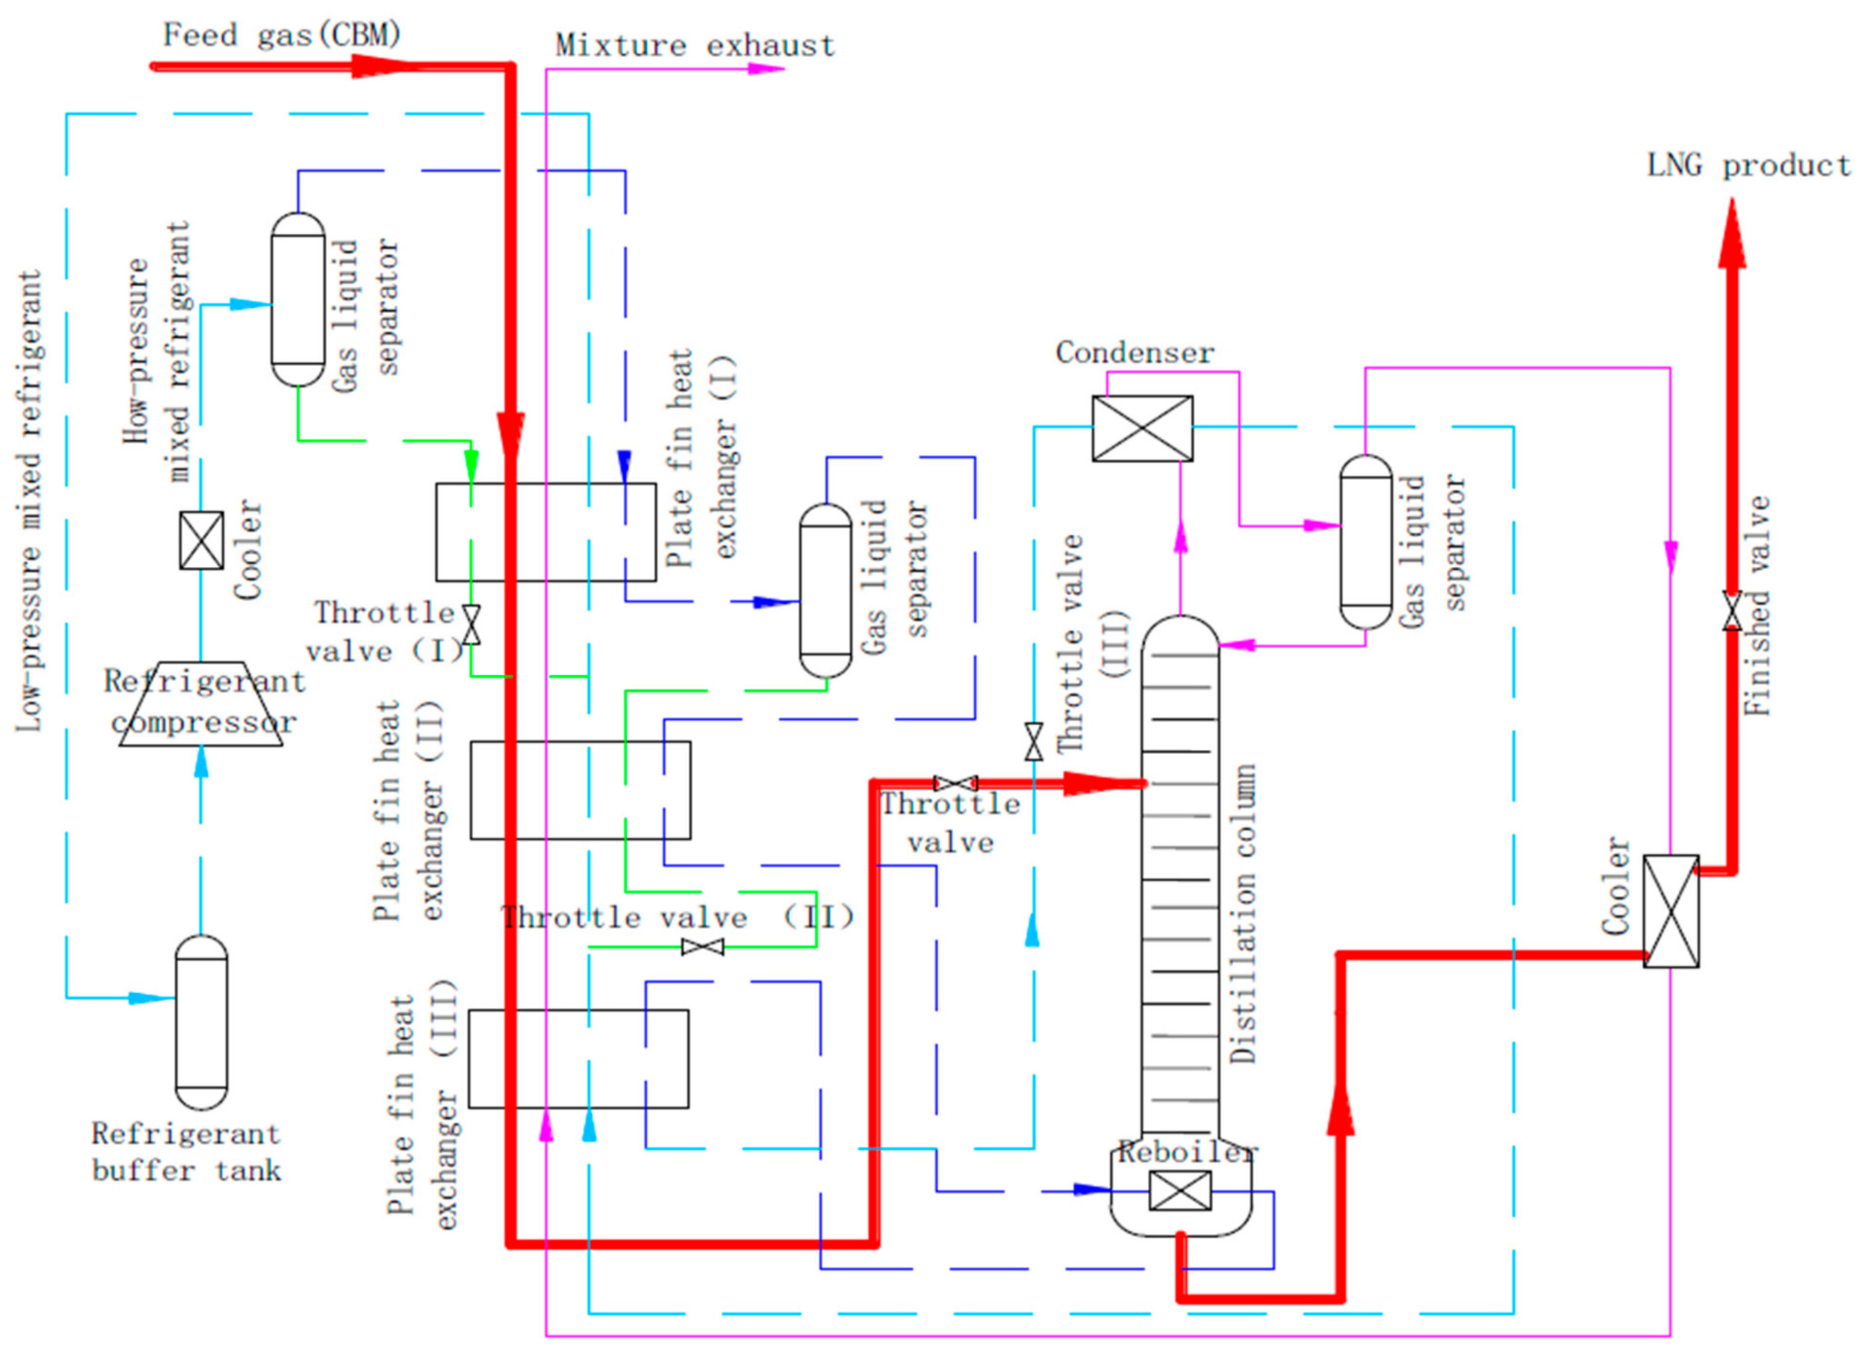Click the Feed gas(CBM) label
282,36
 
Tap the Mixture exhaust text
694,45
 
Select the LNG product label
1748,166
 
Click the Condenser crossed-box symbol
1142,428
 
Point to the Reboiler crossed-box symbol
1180,1190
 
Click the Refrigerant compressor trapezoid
201,704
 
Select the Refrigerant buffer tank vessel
201,1022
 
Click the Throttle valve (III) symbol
1033,742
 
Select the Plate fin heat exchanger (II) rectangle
580,790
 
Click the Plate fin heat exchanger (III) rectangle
578,1059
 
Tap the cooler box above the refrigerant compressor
201,540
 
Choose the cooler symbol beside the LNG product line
1671,911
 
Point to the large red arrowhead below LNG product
1732,239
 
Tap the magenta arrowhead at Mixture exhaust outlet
764,69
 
